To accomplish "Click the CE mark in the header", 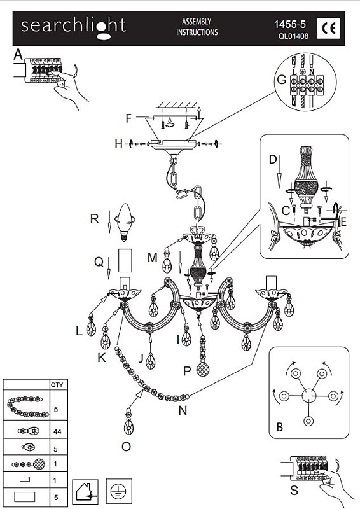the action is (x=328, y=29).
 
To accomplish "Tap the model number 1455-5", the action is (x=290, y=24).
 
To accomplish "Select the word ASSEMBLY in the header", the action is (x=197, y=22).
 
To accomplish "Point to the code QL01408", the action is (x=293, y=36).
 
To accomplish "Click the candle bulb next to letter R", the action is (x=124, y=222).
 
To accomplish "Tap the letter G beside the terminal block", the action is (x=281, y=80).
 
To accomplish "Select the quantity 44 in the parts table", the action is (x=57, y=431).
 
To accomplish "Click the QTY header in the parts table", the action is (x=57, y=385).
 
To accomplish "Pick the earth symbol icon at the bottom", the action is (x=119, y=491).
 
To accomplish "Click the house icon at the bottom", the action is (x=85, y=491).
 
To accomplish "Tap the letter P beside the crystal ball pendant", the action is (x=187, y=372).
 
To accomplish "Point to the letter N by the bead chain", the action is (x=183, y=410).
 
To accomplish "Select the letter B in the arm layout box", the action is (x=280, y=427).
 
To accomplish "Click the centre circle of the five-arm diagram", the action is (x=308, y=396).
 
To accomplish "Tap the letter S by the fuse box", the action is (x=294, y=489).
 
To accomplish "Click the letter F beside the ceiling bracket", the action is (x=128, y=118).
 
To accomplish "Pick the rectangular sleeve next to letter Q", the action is (x=125, y=260).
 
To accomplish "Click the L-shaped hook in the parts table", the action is (x=25, y=480).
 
